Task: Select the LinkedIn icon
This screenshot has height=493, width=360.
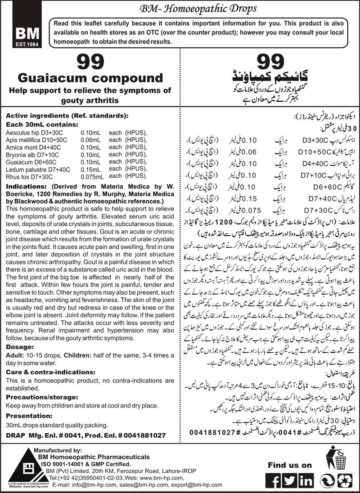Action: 306,477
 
